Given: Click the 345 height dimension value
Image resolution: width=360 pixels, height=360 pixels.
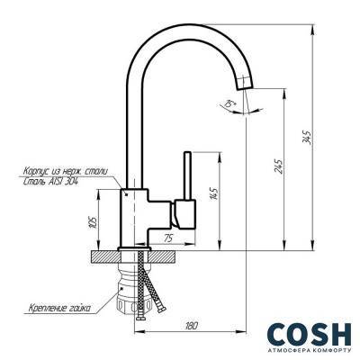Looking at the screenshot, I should point(308,138).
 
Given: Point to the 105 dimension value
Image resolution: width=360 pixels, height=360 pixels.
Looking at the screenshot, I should point(94,222).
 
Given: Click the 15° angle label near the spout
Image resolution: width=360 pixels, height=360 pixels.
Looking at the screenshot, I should point(231,108).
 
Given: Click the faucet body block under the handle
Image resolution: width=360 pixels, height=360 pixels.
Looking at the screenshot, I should point(135,216).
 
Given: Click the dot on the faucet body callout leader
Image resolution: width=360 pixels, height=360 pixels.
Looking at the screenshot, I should point(127,192).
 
